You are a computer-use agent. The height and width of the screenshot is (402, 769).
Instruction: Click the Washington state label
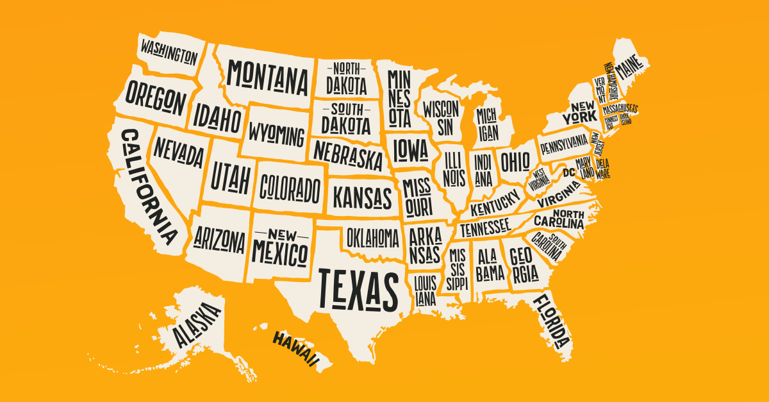(x=169, y=52)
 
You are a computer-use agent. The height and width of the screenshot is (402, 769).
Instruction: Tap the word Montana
(x=268, y=76)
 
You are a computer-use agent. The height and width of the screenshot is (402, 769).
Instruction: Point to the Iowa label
(x=410, y=151)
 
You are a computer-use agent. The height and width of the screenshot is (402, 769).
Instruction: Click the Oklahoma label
(x=373, y=238)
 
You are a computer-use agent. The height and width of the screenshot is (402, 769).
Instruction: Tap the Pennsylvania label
(x=563, y=143)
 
